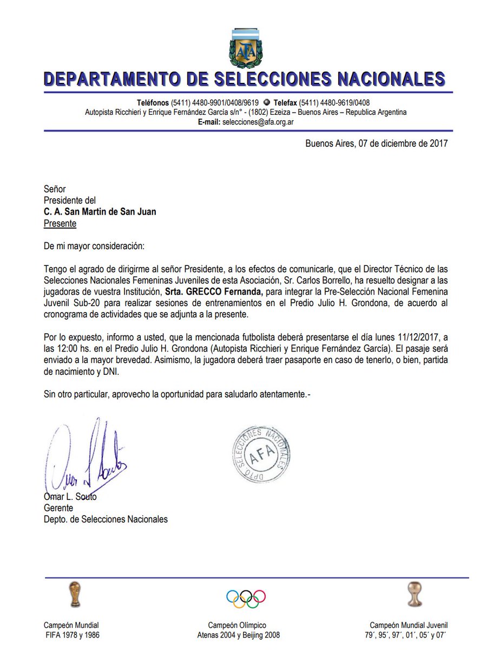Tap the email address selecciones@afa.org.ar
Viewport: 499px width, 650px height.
click(258, 122)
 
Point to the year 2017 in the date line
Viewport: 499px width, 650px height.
click(438, 144)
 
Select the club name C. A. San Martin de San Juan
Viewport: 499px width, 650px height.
click(100, 212)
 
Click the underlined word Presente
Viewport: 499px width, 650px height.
click(60, 223)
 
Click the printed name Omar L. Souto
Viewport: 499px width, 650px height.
click(70, 497)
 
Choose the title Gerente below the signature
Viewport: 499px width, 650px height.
click(58, 508)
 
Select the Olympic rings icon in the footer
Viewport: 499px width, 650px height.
click(246, 597)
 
